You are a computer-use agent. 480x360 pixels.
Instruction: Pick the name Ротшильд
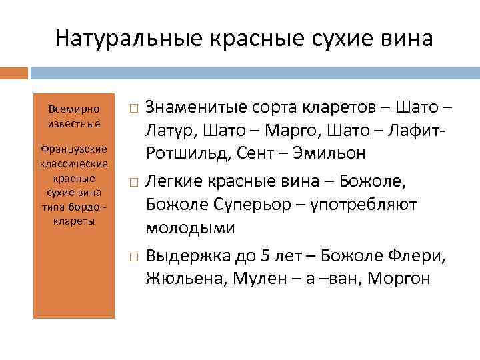187,153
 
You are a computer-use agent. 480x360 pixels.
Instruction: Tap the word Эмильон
333,153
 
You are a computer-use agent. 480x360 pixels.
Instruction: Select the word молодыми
190,227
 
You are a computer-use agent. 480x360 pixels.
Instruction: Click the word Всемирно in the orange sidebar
74,109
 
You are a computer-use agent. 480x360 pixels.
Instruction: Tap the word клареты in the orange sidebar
74,221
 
